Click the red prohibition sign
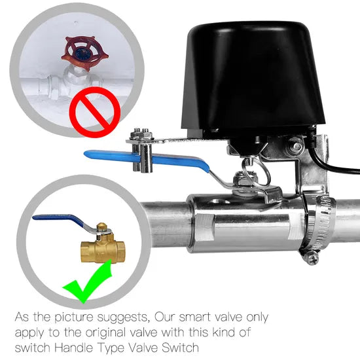95,113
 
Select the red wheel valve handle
85,53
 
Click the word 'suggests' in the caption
122,318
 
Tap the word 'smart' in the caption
194,317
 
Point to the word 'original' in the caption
111,333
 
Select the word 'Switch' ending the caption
180,348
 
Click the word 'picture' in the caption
74,318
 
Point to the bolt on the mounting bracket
296,145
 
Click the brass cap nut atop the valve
102,226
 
